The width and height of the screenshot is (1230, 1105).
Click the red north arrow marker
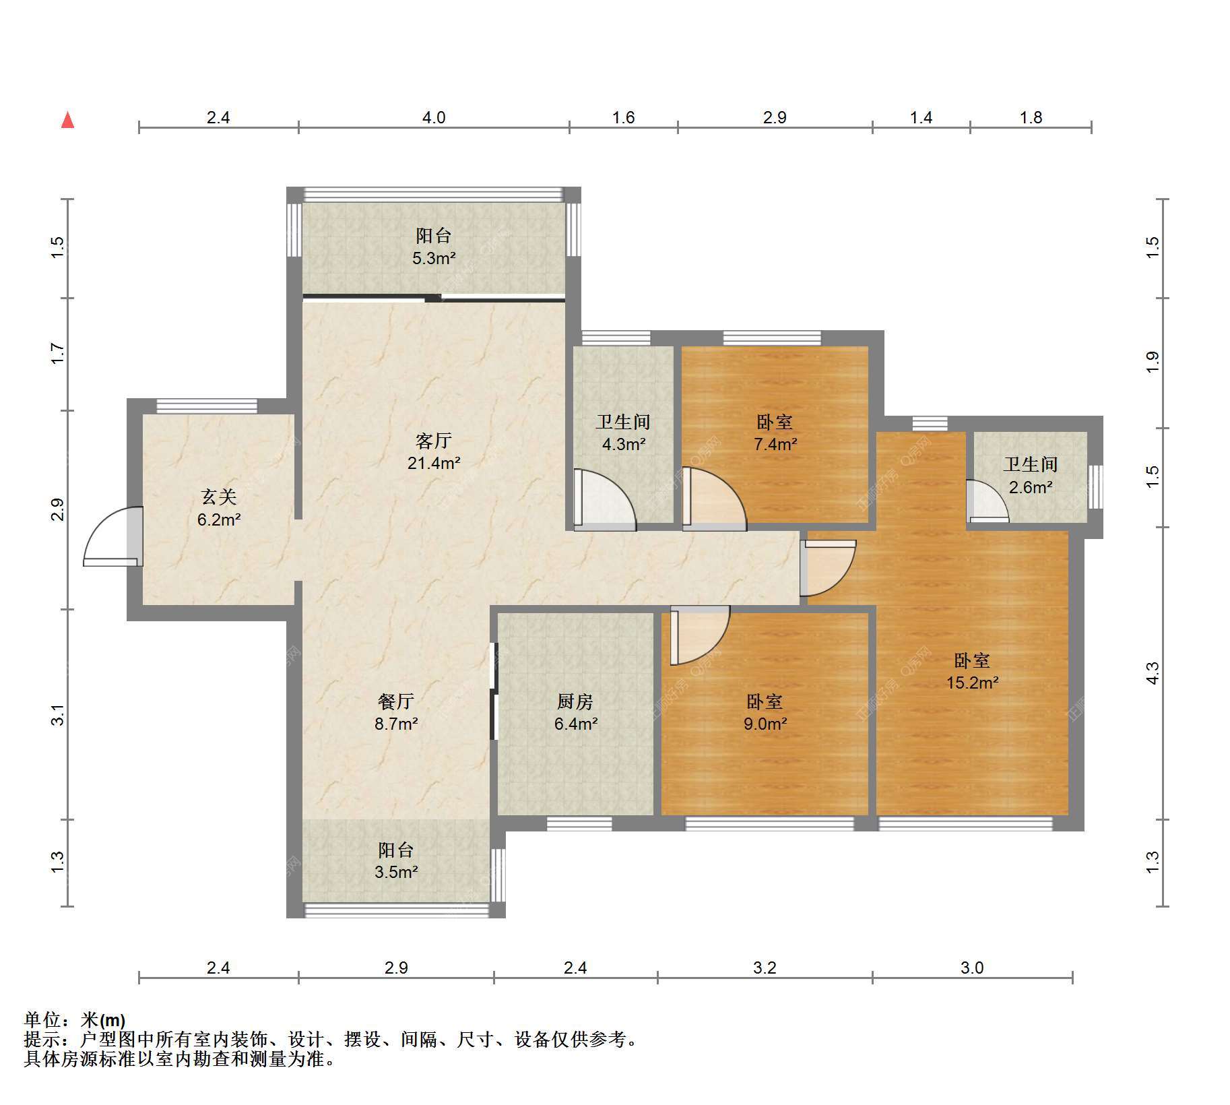pyautogui.click(x=67, y=120)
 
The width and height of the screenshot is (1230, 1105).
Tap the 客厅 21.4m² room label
pyautogui.click(x=434, y=451)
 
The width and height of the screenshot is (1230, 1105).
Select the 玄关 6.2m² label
pyautogui.click(x=219, y=508)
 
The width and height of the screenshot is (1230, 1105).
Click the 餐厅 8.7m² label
pyautogui.click(x=396, y=712)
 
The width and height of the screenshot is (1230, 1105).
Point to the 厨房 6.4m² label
pyautogui.click(x=576, y=712)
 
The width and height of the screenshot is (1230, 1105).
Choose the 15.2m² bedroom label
pyautogui.click(x=972, y=671)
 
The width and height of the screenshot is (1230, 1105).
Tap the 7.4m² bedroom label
pyautogui.click(x=775, y=433)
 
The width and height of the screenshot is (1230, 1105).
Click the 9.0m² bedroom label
pyautogui.click(x=765, y=712)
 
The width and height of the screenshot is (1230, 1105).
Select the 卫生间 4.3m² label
pyautogui.click(x=623, y=433)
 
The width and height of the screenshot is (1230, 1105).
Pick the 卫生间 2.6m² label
pyautogui.click(x=1031, y=475)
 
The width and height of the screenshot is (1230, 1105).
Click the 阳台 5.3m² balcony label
pyautogui.click(x=434, y=246)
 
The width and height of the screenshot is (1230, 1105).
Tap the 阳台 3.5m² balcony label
pyautogui.click(x=396, y=860)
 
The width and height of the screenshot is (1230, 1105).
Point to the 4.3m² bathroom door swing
pyautogui.click(x=604, y=499)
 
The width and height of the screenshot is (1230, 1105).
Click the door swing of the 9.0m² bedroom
pyautogui.click(x=700, y=635)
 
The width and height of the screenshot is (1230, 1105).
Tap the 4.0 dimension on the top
pyautogui.click(x=434, y=118)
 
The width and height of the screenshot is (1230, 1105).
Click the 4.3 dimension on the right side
pyautogui.click(x=1153, y=673)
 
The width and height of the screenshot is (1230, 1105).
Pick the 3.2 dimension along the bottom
pyautogui.click(x=765, y=968)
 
